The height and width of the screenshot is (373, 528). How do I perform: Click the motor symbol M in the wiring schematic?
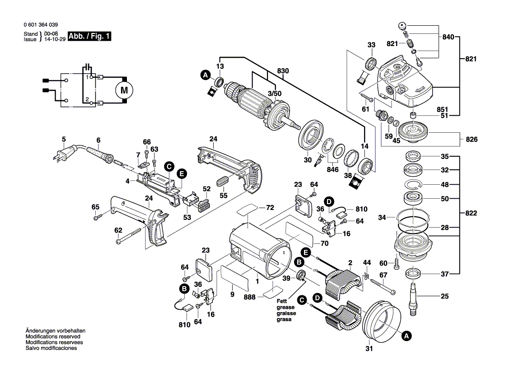coord(123,90)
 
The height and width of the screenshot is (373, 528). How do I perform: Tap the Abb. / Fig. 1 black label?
coord(89,37)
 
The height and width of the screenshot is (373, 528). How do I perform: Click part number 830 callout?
coord(283,71)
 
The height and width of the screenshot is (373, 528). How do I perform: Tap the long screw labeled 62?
coord(134,237)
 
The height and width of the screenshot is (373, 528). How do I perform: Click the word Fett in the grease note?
coord(282,302)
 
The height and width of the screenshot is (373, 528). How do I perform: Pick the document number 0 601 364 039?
coord(40,25)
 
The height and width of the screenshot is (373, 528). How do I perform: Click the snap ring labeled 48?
coord(414,185)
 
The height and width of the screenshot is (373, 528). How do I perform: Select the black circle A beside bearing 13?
coord(206,75)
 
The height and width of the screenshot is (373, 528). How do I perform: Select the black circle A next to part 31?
coord(406,336)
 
